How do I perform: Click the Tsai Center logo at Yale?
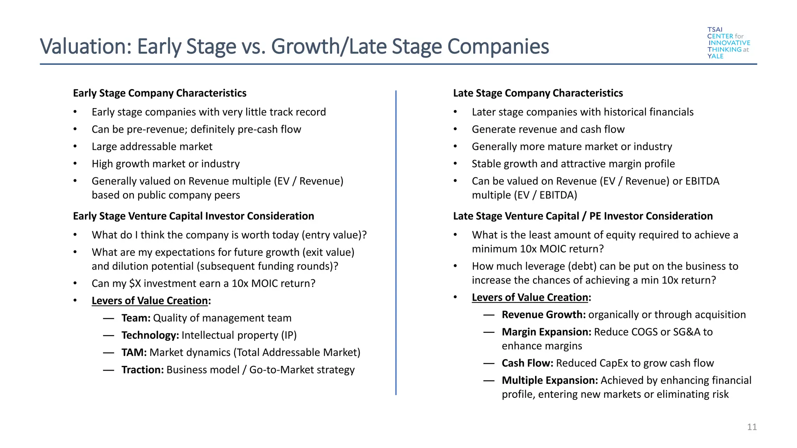728,43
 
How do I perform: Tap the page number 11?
752,427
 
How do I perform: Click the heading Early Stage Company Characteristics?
160,93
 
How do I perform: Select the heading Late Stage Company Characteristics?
538,93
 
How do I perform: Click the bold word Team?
136,318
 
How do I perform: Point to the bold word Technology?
150,335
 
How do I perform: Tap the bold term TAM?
134,352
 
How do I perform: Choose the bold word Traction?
142,370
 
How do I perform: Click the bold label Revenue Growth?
544,315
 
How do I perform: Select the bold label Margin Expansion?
546,332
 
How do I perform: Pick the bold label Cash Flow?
527,363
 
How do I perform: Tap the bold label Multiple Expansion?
549,380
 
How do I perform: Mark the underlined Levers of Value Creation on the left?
150,301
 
